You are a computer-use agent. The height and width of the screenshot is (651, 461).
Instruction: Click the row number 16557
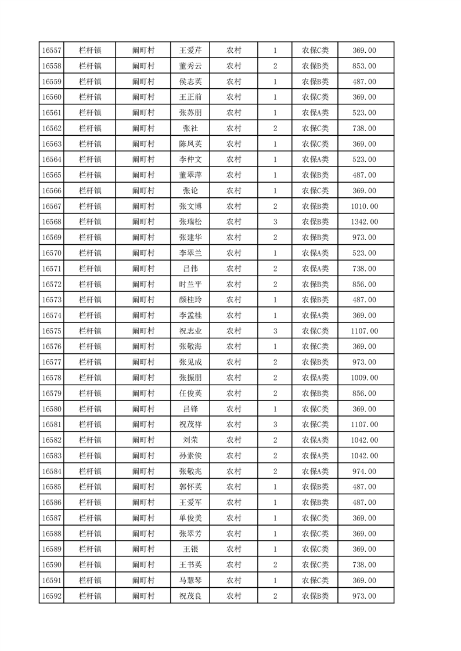(52, 50)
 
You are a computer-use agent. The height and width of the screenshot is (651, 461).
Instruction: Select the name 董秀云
(190, 66)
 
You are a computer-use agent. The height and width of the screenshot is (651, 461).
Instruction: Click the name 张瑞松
(190, 222)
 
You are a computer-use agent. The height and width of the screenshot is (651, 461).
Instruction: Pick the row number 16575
(52, 331)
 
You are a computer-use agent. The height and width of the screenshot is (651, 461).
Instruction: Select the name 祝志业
(190, 331)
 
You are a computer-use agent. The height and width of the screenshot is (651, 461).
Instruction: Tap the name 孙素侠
(190, 455)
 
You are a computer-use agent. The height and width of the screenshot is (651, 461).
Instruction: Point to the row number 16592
(52, 596)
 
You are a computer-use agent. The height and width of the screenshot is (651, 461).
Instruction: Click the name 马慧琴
(190, 580)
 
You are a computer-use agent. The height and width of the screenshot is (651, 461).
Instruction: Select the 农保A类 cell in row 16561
(315, 113)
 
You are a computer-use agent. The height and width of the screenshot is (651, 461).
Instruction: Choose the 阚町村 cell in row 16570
(143, 253)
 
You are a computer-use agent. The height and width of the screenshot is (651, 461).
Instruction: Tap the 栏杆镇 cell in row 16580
(90, 409)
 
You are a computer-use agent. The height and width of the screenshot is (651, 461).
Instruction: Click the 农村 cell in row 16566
(234, 190)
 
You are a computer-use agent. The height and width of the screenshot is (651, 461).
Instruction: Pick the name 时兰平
(190, 284)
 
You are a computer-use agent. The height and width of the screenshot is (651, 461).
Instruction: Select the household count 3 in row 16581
(275, 424)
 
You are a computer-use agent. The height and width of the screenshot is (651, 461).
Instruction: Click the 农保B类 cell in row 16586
(315, 502)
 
